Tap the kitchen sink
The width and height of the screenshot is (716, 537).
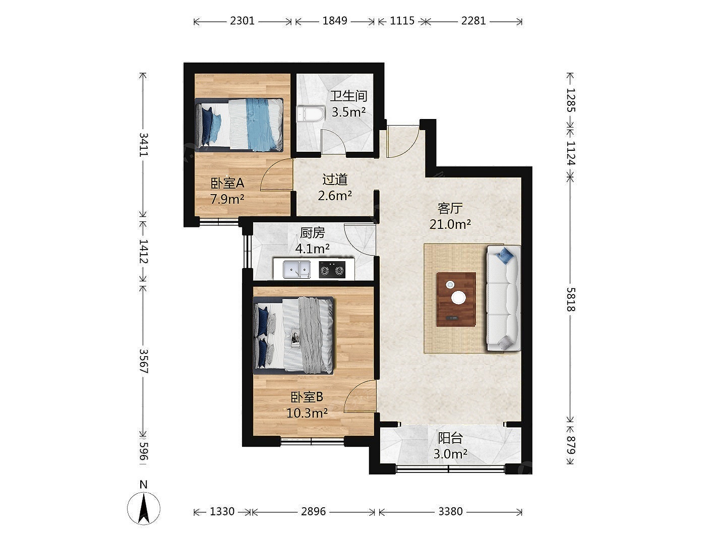pyautogui.click(x=296, y=270)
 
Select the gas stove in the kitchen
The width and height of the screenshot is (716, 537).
pyautogui.click(x=332, y=270)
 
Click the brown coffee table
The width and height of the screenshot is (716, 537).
pyautogui.click(x=456, y=300)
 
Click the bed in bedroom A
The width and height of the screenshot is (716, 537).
pyautogui.click(x=239, y=125)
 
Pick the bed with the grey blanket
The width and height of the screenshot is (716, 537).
pyautogui.click(x=293, y=335)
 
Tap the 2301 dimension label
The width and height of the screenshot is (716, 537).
pyautogui.click(x=242, y=21)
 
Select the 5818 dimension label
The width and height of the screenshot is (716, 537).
pyautogui.click(x=570, y=300)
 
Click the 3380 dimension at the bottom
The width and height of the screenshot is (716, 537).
pyautogui.click(x=450, y=511)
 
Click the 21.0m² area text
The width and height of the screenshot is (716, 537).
pyautogui.click(x=450, y=224)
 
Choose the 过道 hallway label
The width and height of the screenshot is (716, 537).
pyautogui.click(x=335, y=180)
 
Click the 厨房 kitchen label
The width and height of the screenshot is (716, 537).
pyautogui.click(x=312, y=233)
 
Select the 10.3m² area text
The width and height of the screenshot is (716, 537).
pyautogui.click(x=307, y=413)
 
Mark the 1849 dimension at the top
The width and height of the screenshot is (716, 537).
pyautogui.click(x=335, y=21)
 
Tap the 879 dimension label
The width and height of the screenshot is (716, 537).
pyautogui.click(x=570, y=445)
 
